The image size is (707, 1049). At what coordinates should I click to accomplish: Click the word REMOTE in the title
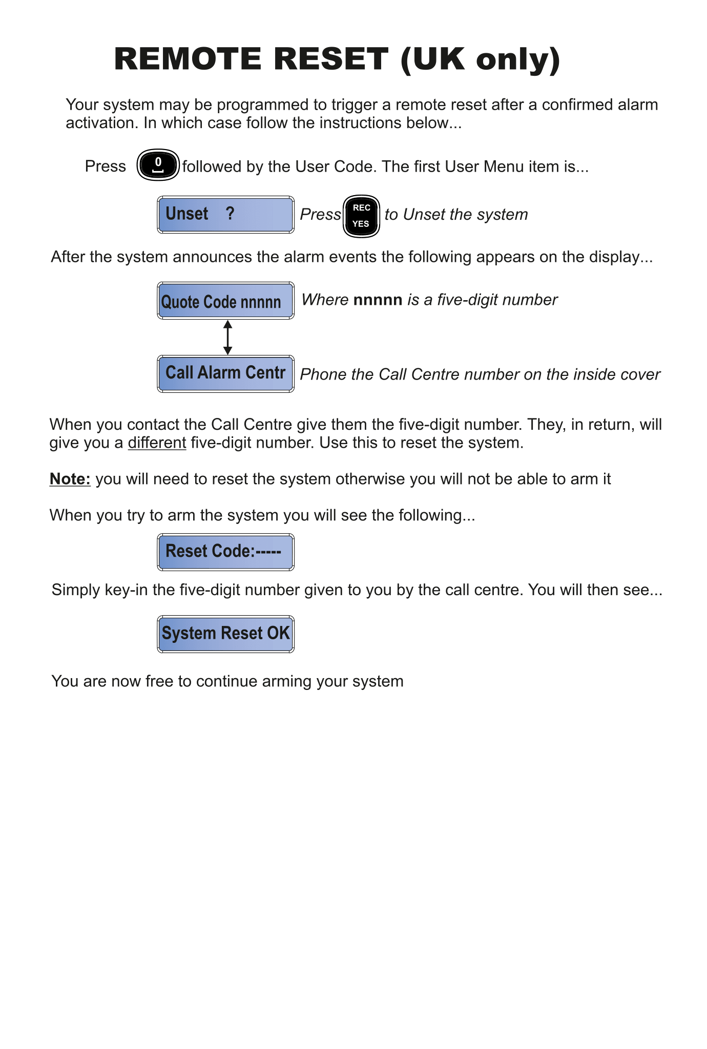point(188,59)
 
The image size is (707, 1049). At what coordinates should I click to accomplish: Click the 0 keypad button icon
point(158,165)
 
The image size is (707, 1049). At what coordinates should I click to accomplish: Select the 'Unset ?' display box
point(225,214)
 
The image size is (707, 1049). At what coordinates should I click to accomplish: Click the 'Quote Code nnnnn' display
point(225,301)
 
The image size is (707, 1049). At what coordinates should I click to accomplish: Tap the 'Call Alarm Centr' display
point(225,373)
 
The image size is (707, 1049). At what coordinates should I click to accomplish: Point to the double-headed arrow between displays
point(228,338)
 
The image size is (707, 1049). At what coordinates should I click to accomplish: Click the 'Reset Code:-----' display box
point(225,552)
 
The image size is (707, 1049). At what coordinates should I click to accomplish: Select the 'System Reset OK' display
point(225,634)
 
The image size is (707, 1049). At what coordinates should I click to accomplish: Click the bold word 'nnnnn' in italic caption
point(378,300)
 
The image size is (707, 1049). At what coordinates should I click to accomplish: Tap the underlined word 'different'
point(157,443)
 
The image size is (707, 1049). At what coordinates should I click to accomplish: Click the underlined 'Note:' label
point(70,479)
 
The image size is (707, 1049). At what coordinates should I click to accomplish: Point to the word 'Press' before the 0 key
point(105,166)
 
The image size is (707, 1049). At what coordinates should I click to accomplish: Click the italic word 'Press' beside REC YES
point(320,214)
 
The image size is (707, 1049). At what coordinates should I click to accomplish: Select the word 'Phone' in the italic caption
point(320,374)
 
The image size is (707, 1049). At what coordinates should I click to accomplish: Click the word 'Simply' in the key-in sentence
point(76,590)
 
